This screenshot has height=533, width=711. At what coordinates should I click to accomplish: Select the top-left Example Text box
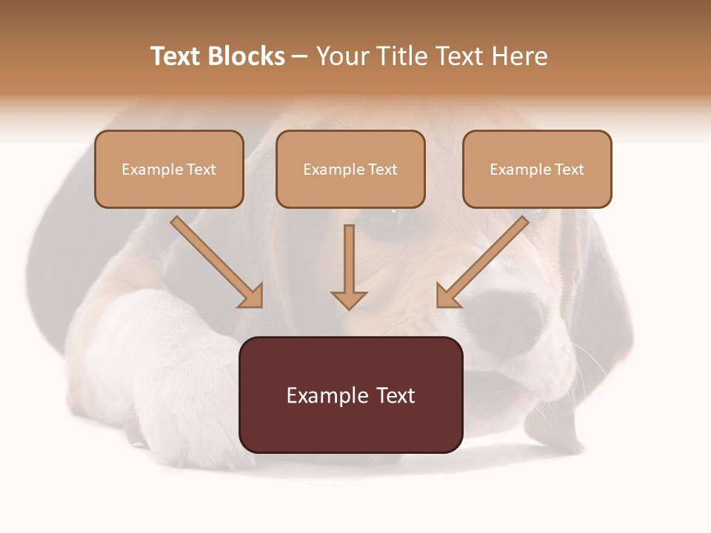coord(169,169)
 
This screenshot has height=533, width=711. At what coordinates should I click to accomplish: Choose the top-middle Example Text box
coord(350,169)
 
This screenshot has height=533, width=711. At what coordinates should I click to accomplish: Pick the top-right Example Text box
coord(537,169)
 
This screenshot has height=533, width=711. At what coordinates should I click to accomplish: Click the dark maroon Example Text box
coord(350,395)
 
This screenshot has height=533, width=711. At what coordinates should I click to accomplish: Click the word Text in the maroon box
coord(392,395)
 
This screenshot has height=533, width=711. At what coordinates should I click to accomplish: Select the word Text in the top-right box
coord(569,170)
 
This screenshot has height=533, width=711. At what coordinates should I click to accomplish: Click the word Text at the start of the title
coord(176,56)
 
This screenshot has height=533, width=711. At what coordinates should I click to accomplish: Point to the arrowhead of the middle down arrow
coord(349,299)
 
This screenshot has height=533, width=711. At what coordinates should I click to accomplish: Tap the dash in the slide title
coord(300,56)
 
